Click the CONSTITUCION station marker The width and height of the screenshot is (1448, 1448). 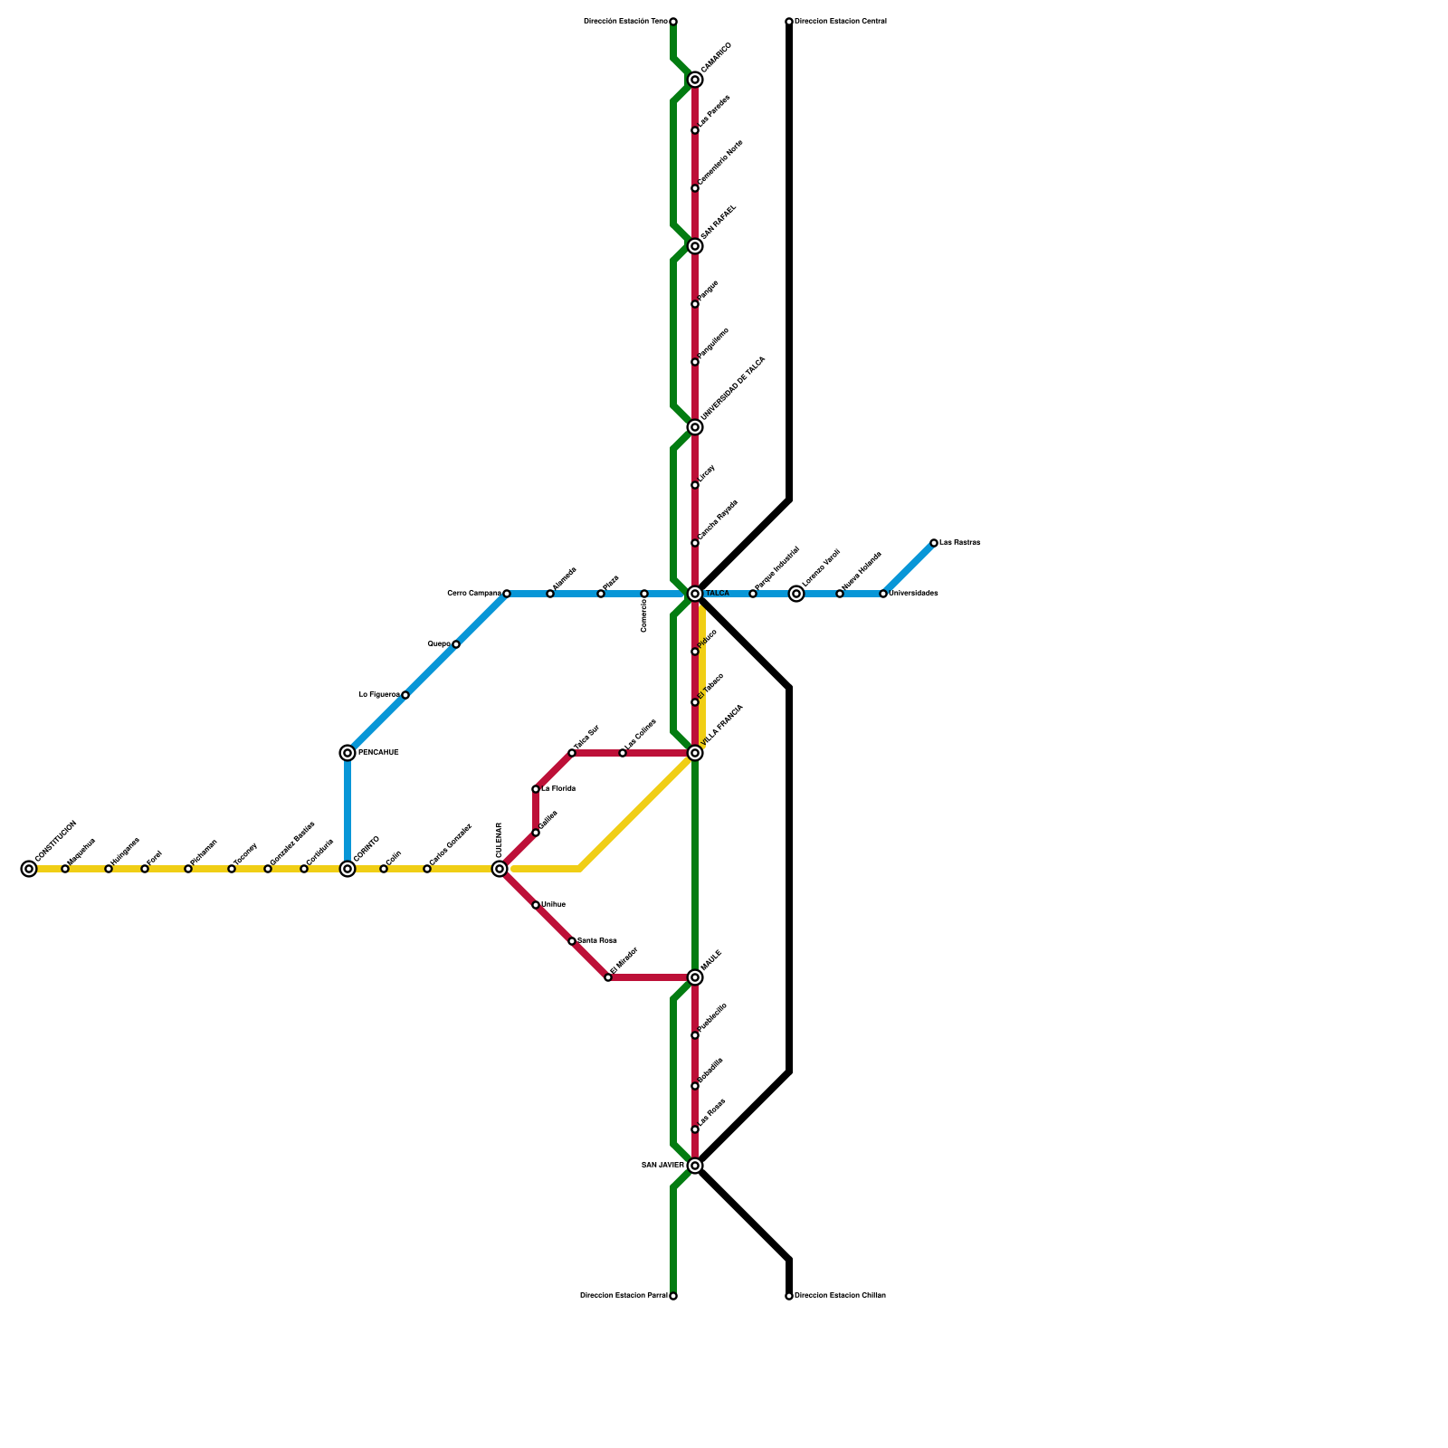pyautogui.click(x=29, y=869)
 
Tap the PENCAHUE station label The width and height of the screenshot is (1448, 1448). pyautogui.click(x=378, y=753)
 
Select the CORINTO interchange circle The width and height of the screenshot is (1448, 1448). pyautogui.click(x=348, y=869)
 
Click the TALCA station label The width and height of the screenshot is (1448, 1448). pyautogui.click(x=718, y=594)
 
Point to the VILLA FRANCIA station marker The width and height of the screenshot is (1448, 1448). pyautogui.click(x=695, y=753)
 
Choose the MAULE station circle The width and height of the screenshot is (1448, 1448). pyautogui.click(x=695, y=977)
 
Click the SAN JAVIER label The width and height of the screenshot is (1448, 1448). pyautogui.click(x=663, y=1166)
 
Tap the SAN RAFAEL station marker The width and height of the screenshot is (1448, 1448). pyautogui.click(x=695, y=246)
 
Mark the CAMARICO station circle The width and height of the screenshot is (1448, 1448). pyautogui.click(x=695, y=80)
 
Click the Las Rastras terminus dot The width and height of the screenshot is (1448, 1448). pyautogui.click(x=934, y=543)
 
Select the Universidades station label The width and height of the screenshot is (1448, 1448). pyautogui.click(x=913, y=594)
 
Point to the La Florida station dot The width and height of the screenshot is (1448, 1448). pyautogui.click(x=536, y=789)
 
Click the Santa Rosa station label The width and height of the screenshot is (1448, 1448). pyautogui.click(x=597, y=941)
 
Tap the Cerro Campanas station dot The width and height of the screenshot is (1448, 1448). pyautogui.click(x=507, y=594)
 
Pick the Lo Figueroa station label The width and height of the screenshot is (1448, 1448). pyautogui.click(x=379, y=695)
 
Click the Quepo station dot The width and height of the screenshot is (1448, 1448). pyautogui.click(x=456, y=644)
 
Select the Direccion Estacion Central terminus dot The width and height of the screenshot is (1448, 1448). pyautogui.click(x=789, y=22)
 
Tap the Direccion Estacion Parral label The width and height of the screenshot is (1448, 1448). pyautogui.click(x=624, y=1296)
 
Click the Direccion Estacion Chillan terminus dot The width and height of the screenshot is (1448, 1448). pyautogui.click(x=789, y=1296)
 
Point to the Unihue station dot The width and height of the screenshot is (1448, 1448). pyautogui.click(x=536, y=905)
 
